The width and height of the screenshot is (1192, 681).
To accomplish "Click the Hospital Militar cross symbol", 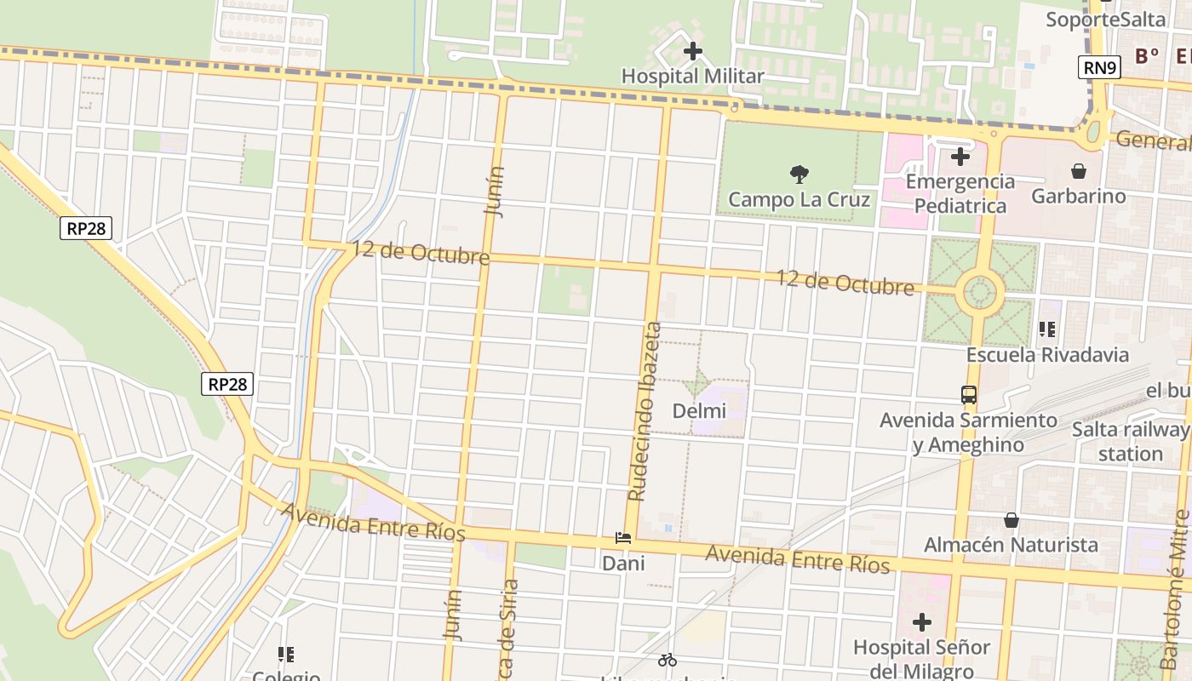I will (693, 51).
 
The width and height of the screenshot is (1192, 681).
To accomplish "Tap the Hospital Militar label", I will (692, 77).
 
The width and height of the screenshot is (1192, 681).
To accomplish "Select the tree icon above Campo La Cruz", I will (799, 175).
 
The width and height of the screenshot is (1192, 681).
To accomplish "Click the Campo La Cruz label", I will (799, 200).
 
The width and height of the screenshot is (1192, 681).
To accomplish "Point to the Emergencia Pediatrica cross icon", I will (960, 157).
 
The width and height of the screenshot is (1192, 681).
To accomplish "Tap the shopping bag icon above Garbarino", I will (1079, 171).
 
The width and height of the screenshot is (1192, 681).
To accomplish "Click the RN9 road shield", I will (1098, 67).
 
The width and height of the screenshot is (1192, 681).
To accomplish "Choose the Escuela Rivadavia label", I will (1047, 355).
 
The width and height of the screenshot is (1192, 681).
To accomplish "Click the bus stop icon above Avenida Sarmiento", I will (969, 394).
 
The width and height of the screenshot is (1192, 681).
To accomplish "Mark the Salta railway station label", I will (1130, 441).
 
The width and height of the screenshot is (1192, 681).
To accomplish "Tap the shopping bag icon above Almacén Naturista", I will (1011, 519).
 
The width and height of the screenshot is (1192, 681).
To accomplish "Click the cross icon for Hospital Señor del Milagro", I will (922, 622).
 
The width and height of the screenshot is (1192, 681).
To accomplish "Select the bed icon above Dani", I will (623, 538).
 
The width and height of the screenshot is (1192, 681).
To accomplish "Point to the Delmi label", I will (699, 411).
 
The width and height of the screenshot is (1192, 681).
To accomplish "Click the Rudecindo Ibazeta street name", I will (645, 411).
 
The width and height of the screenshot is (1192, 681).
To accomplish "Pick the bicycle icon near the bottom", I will (668, 660).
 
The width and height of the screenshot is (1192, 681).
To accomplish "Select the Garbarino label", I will (1078, 197).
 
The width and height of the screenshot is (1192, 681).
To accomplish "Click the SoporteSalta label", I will (1105, 19).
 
